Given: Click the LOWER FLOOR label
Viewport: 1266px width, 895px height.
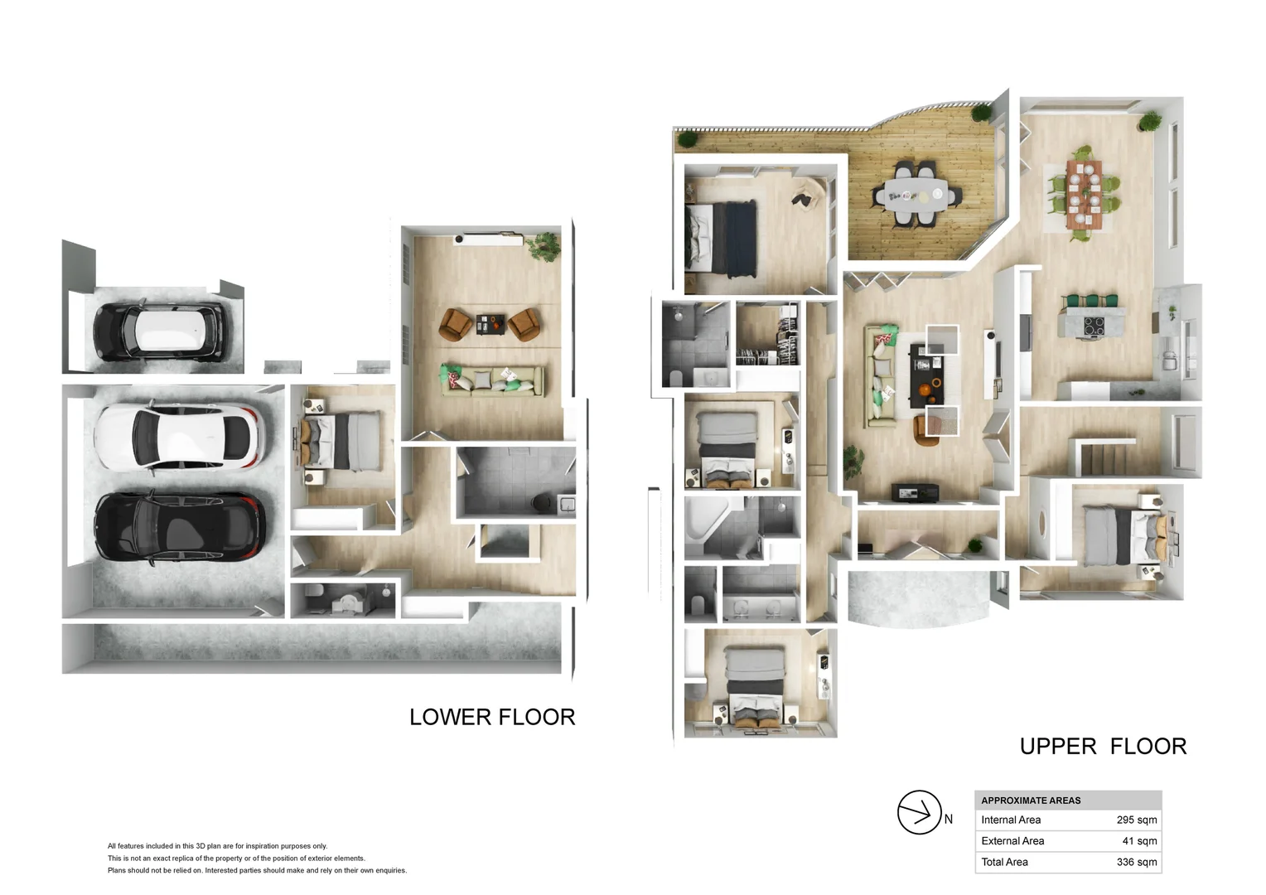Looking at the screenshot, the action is point(492,717).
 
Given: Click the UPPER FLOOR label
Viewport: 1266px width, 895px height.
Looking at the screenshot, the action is point(1104,747).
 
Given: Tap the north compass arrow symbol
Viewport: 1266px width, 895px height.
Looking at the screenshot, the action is point(920,812).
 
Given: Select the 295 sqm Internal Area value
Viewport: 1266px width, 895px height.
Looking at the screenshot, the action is point(1137,820).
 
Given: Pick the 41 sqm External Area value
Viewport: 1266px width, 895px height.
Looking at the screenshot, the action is point(1139,841).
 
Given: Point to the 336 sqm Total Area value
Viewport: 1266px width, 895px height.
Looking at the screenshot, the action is point(1137,862).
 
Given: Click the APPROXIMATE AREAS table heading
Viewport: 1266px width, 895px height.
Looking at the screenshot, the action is point(1031,801).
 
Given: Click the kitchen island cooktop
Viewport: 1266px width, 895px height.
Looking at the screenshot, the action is point(1094,326).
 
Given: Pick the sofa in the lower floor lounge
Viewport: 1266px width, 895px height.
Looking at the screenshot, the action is point(492,380).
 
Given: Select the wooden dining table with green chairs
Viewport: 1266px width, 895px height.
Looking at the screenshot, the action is point(1084,195).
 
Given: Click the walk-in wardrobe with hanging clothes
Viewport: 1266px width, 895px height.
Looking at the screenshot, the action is point(767,334).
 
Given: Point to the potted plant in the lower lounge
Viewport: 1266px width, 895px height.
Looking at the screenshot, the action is point(544,247).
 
